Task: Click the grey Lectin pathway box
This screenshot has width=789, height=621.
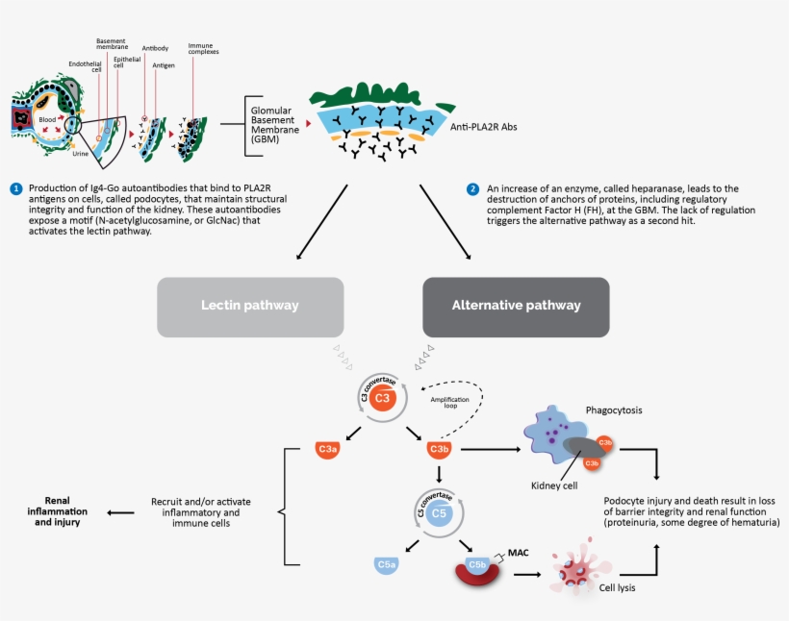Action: [x=250, y=307]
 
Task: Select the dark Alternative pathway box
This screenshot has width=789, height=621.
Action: [x=516, y=307]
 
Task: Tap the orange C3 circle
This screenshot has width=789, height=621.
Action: [x=382, y=398]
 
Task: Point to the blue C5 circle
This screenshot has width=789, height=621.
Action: [x=438, y=513]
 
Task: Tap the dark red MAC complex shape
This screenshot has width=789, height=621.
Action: [x=477, y=571]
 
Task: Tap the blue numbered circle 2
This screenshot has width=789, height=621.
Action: [x=472, y=188]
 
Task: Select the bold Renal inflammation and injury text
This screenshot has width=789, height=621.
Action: [x=60, y=511]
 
